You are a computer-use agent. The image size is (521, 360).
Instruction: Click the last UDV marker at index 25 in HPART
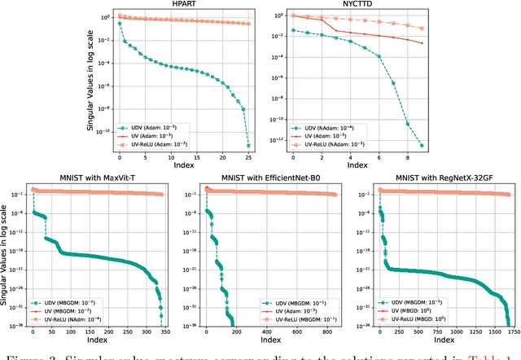pos(247,147)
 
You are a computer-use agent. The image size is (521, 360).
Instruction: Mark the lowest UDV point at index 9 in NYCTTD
pos(422,146)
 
